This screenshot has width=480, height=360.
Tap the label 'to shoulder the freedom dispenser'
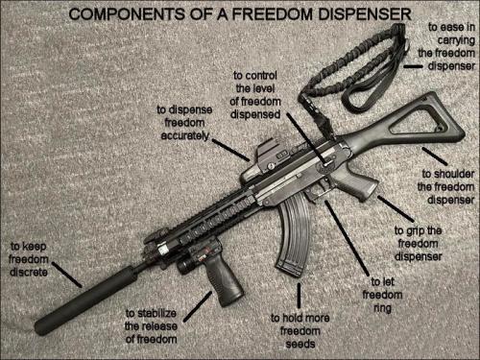449,186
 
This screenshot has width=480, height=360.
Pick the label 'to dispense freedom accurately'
181,124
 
